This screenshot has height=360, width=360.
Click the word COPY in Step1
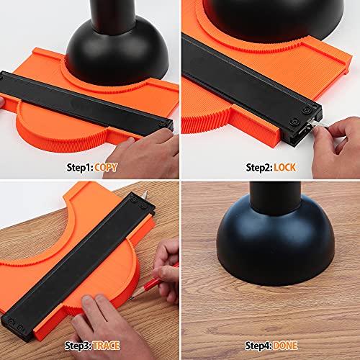pyautogui.click(x=106, y=168)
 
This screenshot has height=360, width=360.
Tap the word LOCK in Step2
pyautogui.click(x=285, y=168)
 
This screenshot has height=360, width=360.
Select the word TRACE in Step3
pyautogui.click(x=107, y=346)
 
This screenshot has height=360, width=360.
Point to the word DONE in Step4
pyautogui.click(x=285, y=346)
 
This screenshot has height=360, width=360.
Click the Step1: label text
pyautogui.click(x=80, y=168)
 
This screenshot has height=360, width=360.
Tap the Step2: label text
pyautogui.click(x=259, y=168)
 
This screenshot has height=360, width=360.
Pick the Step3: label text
pyautogui.click(x=78, y=346)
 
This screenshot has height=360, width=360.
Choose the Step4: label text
pyautogui.click(x=258, y=346)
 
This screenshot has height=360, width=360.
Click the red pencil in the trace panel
pyautogui.click(x=153, y=282)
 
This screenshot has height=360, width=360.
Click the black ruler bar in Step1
pyautogui.click(x=86, y=103)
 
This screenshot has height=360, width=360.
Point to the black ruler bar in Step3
pyautogui.click(x=78, y=266)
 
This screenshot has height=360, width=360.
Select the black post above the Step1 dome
pyautogui.click(x=113, y=16)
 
